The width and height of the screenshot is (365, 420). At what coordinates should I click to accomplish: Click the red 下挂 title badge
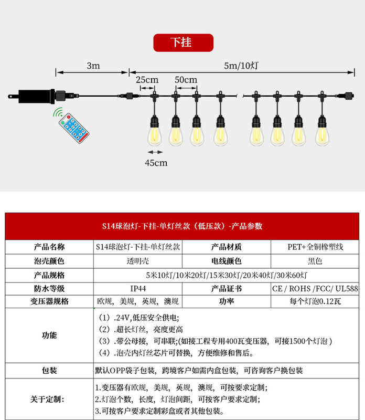183,43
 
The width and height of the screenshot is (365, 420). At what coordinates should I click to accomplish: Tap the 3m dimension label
93,66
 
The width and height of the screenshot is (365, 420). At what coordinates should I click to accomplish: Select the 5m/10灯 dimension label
239,66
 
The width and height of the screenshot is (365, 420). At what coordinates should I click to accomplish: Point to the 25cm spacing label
147,80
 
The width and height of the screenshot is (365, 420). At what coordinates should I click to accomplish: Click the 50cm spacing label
186,80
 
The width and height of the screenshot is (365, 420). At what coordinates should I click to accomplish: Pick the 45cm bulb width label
156,163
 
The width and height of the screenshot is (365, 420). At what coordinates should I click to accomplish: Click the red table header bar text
182,226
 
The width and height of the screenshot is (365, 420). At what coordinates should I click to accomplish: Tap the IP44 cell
138,288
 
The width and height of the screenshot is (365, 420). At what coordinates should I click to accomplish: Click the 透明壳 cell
138,261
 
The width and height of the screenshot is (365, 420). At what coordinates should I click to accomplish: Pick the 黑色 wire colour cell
315,261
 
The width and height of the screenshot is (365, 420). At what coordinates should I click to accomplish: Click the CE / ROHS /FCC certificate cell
315,288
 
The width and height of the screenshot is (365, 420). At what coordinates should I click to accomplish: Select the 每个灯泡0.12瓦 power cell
315,302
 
